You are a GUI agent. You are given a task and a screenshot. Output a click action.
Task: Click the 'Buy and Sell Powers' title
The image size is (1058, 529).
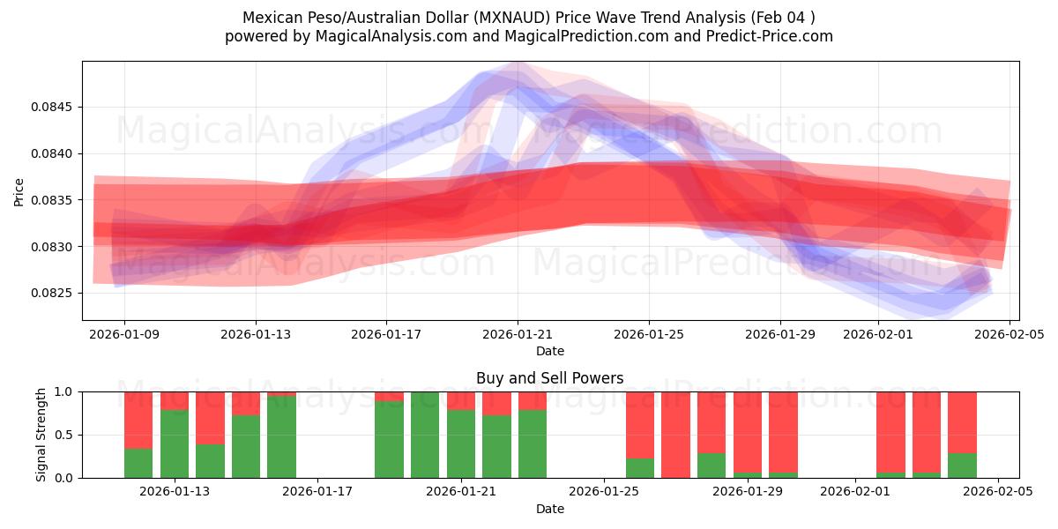point(549,378)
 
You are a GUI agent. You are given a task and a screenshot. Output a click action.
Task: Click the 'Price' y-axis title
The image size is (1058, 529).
point(19,191)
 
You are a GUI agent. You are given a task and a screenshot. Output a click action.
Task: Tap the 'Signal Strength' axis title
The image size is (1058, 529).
point(41,435)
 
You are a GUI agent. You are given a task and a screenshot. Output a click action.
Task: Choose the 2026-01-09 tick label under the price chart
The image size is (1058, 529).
point(123,334)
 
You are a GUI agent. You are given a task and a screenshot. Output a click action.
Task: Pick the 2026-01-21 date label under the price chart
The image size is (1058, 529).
point(518,334)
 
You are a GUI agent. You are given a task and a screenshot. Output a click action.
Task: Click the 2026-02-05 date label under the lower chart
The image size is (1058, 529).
point(998,491)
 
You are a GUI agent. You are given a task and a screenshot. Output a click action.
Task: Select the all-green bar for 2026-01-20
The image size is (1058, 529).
point(425,435)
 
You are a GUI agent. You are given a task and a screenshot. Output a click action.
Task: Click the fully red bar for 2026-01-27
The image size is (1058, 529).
point(675,435)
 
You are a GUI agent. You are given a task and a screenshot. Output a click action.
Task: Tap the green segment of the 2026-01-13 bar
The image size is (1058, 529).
point(175,444)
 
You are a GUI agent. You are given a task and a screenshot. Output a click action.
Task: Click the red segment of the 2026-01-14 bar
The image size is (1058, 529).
point(210,417)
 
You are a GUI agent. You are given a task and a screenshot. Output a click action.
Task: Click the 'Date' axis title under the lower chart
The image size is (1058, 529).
point(549,509)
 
